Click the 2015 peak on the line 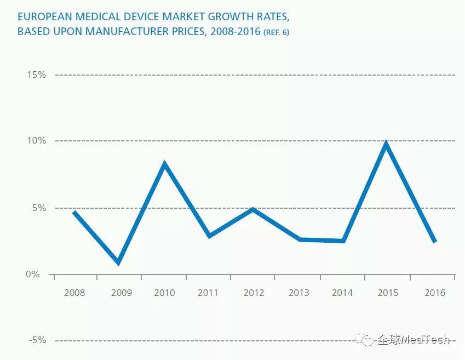coord(386,144)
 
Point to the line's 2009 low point coord(118,262)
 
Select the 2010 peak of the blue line coord(164,164)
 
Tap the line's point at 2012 coord(252,209)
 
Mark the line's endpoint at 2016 coord(435,241)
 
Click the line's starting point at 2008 coord(74,212)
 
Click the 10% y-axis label coord(36,141)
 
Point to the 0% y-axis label coord(33,274)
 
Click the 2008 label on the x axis coord(74,293)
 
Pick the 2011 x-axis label coord(208,293)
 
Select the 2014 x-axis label coord(342,293)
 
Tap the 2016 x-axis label coord(435,293)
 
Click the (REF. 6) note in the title coord(276,32)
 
